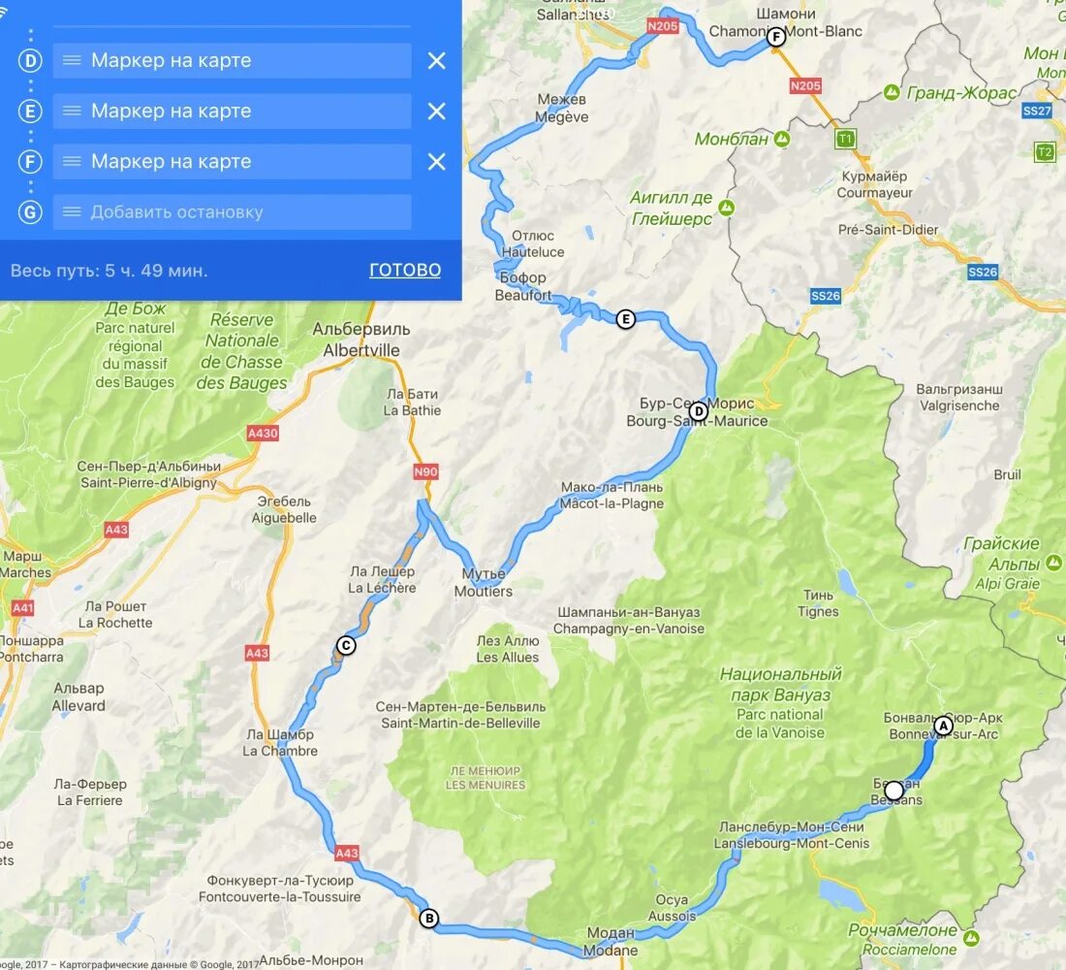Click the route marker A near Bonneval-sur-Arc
coord(943,726)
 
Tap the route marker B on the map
coord(428,919)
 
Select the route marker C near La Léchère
coord(346,646)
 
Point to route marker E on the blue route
coord(626,319)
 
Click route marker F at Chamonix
coord(775,38)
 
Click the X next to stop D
coord(437,61)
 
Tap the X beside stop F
coord(437,162)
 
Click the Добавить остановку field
coord(233,212)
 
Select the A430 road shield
coord(263,434)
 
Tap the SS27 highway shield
coord(1037,112)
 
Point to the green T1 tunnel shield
coord(846,140)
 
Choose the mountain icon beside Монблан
coord(781,140)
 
